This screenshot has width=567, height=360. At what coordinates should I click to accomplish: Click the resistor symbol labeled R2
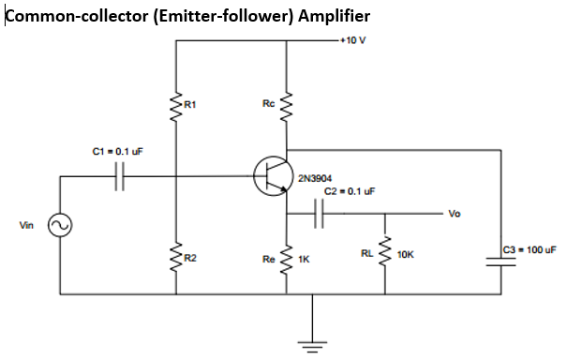pyautogui.click(x=175, y=256)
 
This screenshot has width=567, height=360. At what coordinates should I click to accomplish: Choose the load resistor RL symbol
pyautogui.click(x=384, y=255)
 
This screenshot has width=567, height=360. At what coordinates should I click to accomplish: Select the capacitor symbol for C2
pyautogui.click(x=320, y=214)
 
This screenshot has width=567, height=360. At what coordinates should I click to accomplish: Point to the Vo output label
pyautogui.click(x=455, y=214)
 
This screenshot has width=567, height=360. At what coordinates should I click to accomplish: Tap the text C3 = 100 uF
pyautogui.click(x=530, y=249)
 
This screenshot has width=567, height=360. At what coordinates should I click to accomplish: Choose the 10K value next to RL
pyautogui.click(x=406, y=255)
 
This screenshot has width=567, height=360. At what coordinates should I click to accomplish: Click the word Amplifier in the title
pyautogui.click(x=334, y=16)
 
